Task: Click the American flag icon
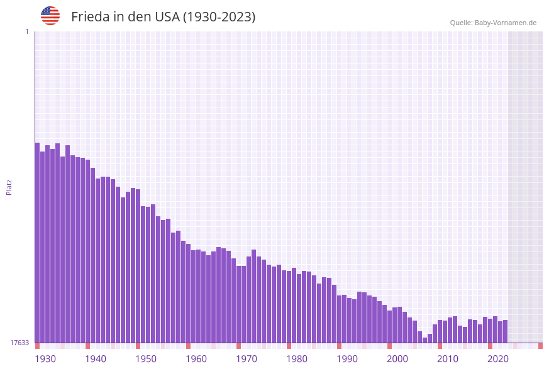(50, 16)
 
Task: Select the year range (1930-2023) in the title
(219, 17)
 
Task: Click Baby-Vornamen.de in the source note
(505, 23)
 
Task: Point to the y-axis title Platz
(9, 187)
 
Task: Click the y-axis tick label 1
(26, 31)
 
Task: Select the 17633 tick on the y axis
(19, 343)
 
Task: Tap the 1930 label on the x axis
(45, 359)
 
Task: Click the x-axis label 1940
(96, 359)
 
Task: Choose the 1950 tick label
(146, 359)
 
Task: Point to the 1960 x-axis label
(196, 359)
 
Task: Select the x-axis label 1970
(247, 359)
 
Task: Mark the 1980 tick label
(297, 359)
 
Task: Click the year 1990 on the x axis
(347, 359)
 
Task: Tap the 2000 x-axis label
(397, 359)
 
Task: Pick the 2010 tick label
(448, 359)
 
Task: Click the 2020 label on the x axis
(498, 359)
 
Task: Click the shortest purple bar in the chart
(425, 340)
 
